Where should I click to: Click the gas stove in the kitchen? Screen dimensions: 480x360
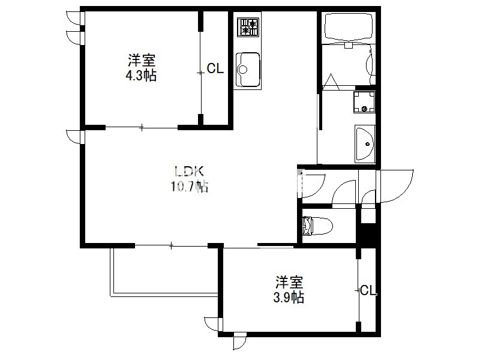(248, 27)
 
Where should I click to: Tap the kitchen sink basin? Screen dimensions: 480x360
(248, 70)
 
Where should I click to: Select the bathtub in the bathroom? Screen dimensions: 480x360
(349, 26)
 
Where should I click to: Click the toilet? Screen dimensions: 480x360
(317, 226)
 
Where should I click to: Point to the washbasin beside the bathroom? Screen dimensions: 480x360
(365, 144)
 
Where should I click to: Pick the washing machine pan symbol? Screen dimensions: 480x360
(364, 102)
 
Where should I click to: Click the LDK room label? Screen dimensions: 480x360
(189, 172)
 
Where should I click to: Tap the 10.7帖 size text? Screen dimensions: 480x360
(190, 186)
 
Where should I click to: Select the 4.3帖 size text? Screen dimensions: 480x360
(141, 76)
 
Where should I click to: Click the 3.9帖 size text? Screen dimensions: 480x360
(289, 297)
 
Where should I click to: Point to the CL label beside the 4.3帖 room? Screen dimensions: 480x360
(215, 68)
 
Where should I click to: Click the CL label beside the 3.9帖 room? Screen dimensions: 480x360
(368, 290)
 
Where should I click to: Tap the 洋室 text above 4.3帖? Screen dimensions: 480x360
(142, 61)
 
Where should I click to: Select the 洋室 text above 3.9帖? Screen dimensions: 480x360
(289, 282)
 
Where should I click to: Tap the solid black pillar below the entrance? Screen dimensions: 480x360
(368, 234)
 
